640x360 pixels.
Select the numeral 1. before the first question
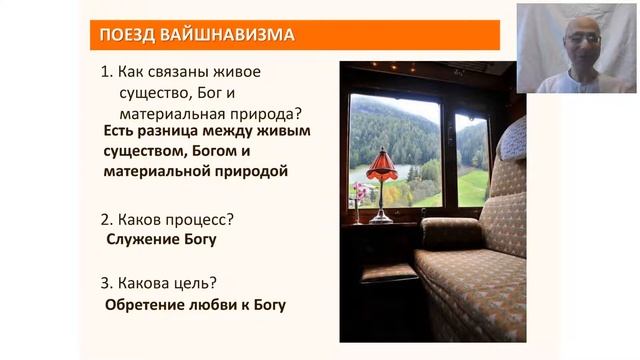click(x=109, y=73)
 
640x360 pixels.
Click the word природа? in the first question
click(x=266, y=113)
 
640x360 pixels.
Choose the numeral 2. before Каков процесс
click(x=109, y=218)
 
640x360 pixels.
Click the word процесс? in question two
click(x=207, y=218)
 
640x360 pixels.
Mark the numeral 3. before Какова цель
click(x=109, y=283)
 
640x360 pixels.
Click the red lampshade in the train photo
click(x=381, y=164)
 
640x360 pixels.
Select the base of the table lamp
click(x=380, y=217)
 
